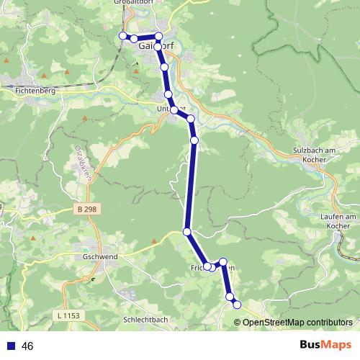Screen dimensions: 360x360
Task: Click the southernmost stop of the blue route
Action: point(237,305)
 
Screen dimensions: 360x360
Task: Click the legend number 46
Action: point(28,346)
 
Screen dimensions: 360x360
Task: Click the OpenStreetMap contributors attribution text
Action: point(297,322)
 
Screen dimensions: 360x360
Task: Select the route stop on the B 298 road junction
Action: point(187,232)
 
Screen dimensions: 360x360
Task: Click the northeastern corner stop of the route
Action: point(159,36)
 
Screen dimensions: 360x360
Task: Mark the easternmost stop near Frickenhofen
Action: point(223,262)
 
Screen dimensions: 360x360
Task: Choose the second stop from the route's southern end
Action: point(230,296)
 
